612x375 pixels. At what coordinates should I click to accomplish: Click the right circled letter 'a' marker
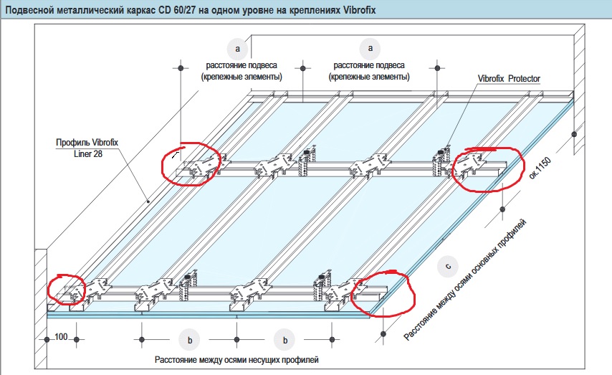tap(370, 48)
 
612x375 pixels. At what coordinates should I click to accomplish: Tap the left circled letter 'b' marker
tap(189, 340)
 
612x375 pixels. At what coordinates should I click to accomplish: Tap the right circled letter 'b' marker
tap(285, 340)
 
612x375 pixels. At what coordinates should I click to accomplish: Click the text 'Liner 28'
tap(87, 153)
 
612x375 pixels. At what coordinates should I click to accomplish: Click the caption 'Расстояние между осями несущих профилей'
tap(236, 359)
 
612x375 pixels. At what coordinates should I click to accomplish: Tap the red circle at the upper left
tap(190, 164)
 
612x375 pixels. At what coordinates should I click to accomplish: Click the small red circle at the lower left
tap(67, 289)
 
